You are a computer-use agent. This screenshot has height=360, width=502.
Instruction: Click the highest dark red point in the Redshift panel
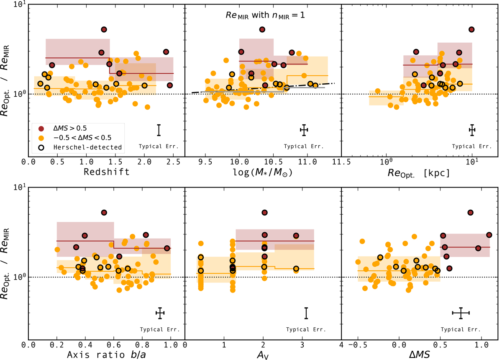coord(104,29)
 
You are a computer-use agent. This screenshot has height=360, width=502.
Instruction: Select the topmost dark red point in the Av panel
coord(264,213)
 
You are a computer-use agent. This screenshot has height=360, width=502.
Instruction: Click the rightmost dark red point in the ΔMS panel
coord(489,235)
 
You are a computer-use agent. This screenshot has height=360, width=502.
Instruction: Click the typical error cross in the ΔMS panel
coord(461,313)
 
